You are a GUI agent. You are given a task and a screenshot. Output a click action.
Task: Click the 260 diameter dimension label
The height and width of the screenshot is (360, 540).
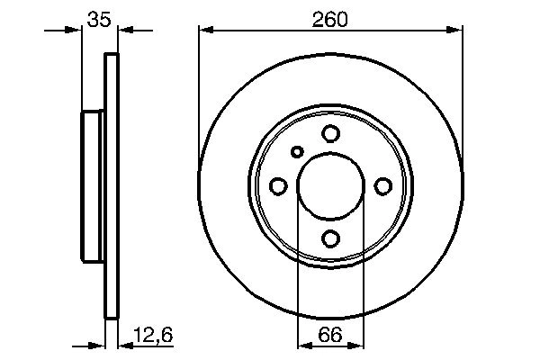coord(331,19)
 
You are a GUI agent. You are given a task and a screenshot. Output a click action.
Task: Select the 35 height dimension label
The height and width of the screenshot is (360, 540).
coord(99,19)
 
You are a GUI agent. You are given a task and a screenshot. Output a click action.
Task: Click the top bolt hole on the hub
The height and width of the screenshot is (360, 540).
coord(330,134)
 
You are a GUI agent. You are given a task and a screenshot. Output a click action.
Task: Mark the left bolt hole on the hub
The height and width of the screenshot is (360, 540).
coord(278,186)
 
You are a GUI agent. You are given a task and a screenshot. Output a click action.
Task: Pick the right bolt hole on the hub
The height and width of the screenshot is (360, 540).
coord(382,186)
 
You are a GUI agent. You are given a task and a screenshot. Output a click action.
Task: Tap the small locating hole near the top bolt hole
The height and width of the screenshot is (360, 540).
coord(298,152)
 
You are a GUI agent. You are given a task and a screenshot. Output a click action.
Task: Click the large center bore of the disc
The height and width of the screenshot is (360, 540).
coord(330,186)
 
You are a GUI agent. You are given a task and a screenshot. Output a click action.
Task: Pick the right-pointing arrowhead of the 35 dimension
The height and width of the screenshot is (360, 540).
coord(75,31)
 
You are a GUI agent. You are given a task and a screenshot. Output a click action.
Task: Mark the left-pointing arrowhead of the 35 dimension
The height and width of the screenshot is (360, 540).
coord(126,31)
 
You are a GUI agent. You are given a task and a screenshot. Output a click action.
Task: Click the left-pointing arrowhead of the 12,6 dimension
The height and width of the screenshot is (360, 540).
coord(126,344)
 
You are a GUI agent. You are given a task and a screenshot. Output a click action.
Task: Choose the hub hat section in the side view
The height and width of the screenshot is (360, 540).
coord(94,186)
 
